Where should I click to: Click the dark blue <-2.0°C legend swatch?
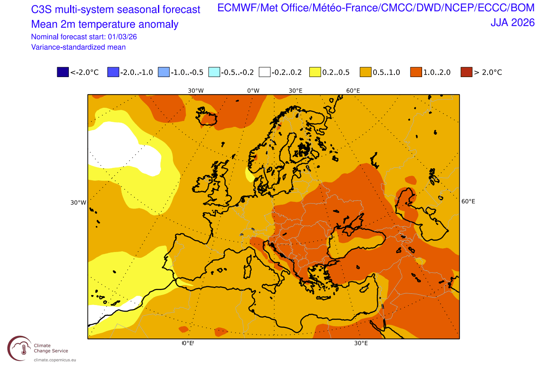pos(63,72)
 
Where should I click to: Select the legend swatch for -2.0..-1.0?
pos(113,72)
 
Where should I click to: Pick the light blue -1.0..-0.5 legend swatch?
pos(164,72)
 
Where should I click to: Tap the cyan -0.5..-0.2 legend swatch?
pos(214,72)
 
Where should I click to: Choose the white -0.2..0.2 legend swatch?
pos(265,72)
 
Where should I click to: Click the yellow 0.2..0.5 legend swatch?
pos(315,72)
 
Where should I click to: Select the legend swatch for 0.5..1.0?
pos(366,72)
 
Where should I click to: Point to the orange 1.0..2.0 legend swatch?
pos(416,72)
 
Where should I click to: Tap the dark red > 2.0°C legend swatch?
pos(466,72)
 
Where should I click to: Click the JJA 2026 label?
pos(512,23)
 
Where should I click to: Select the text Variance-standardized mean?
pos(78,47)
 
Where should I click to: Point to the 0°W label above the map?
pos(253,91)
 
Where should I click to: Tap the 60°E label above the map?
pos(353,91)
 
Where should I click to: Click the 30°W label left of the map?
pos(78,203)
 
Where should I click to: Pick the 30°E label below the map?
pos(361,343)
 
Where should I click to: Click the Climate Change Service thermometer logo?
pos(19,349)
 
